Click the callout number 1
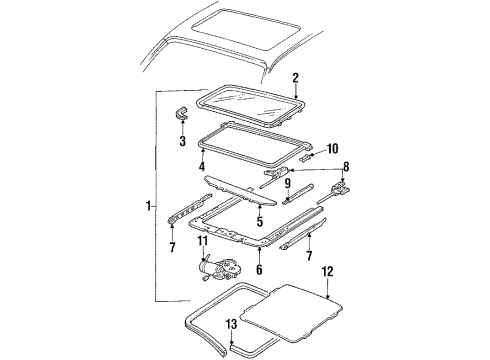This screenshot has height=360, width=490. pos(147,207)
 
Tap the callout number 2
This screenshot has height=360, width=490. pos(296,77)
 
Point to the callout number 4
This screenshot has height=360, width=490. pos(201,166)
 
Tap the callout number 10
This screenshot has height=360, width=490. pos(333,147)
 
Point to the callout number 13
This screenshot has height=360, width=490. pos(232,323)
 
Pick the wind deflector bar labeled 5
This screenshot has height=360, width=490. pos(255,190)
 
